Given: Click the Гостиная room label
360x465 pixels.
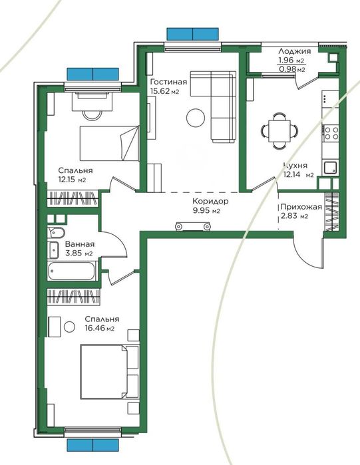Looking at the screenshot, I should tap(169, 82).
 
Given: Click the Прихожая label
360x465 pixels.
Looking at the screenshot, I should tap(301, 207).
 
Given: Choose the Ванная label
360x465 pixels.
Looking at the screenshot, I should tap(79, 244).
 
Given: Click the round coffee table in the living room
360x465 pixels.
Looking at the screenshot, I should tap(196, 118).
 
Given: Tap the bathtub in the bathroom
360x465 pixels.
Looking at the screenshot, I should tap(73, 271).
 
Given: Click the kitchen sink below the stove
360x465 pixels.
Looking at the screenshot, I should tap(331, 167).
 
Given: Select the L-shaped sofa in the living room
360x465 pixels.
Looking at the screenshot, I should tap(220, 106).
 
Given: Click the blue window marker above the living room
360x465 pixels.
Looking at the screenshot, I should tap(192, 34).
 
